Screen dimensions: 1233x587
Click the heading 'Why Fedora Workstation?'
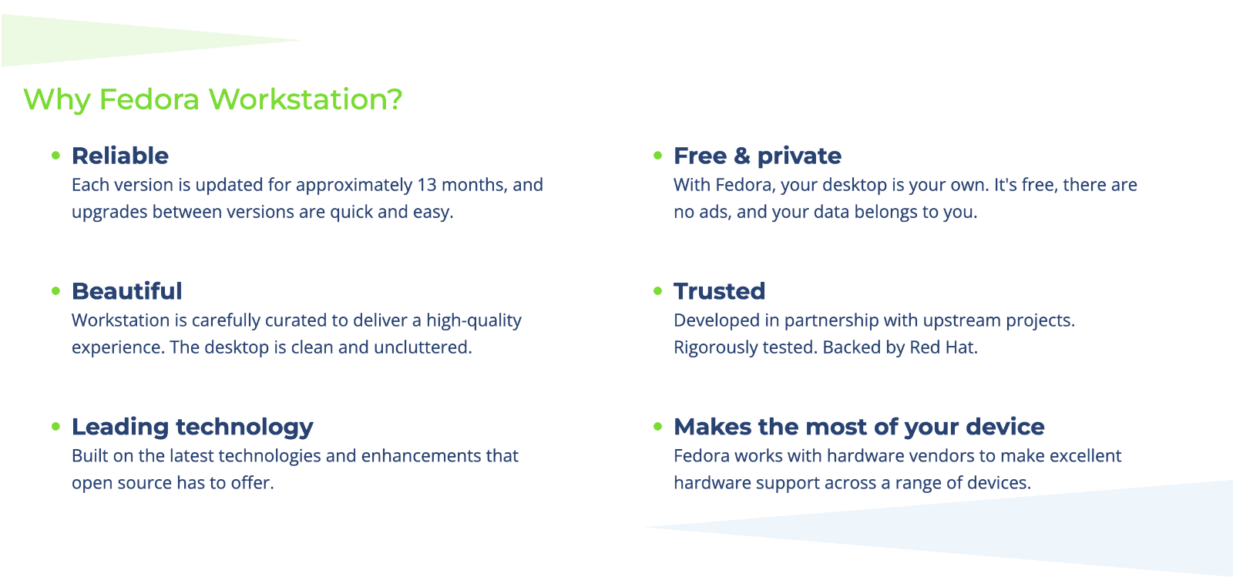213,99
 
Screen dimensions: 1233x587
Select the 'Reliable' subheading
120,156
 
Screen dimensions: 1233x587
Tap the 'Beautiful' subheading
126,291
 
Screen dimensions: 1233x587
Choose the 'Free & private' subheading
758,156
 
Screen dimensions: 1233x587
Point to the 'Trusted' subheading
720,292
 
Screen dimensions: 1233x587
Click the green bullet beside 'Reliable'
55,156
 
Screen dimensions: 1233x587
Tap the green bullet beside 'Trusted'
658,291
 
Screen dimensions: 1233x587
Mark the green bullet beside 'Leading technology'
55,426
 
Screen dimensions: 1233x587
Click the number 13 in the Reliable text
427,185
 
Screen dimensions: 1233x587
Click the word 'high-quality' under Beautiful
474,320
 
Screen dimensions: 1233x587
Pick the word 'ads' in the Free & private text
715,213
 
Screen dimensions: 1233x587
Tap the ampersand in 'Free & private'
742,156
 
